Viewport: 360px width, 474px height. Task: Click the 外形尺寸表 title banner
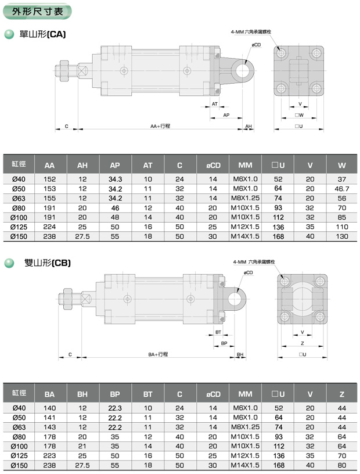pos(38,12)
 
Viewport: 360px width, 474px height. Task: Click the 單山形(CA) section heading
pos(42,34)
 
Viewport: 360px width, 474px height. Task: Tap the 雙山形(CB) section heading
pos(47,263)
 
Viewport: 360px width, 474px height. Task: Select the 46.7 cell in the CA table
pos(342,189)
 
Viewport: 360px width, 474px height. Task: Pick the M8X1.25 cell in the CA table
pos(245,198)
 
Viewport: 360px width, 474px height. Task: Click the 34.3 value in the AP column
pos(115,179)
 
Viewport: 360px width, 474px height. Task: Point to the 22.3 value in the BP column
pos(115,408)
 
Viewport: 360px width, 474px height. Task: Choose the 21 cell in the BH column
pos(82,446)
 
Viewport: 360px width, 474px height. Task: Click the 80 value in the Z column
pos(342,465)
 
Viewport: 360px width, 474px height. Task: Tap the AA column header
pos(49,166)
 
